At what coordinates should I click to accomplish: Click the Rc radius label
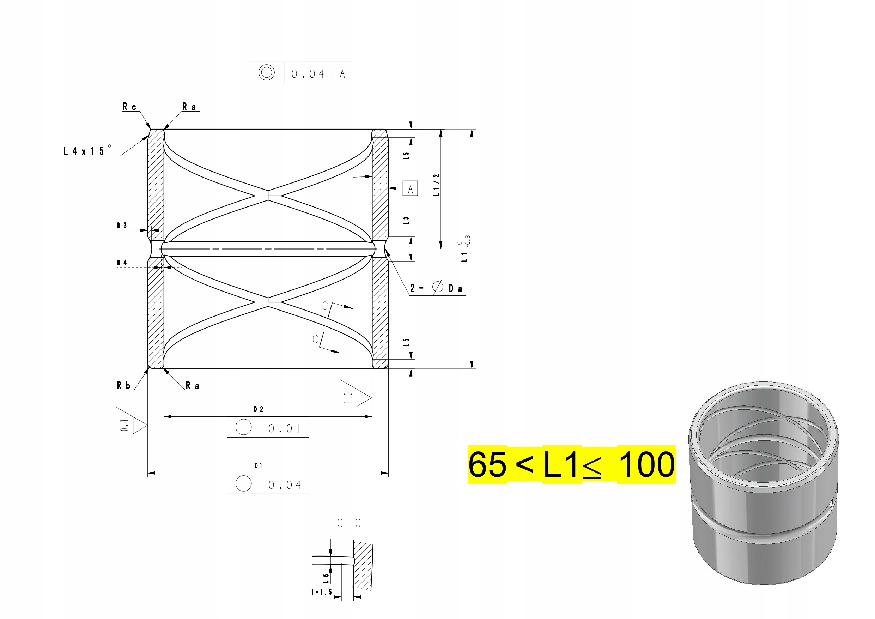click(129, 107)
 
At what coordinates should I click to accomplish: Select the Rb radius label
click(123, 386)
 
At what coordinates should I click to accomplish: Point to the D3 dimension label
click(122, 226)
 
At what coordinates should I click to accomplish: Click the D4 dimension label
click(122, 263)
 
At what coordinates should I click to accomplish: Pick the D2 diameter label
click(259, 409)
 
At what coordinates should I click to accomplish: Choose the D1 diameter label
click(259, 466)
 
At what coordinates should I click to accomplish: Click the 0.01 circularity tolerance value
click(284, 428)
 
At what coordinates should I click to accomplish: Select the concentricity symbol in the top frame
click(266, 72)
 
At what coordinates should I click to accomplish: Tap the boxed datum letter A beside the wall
click(411, 189)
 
